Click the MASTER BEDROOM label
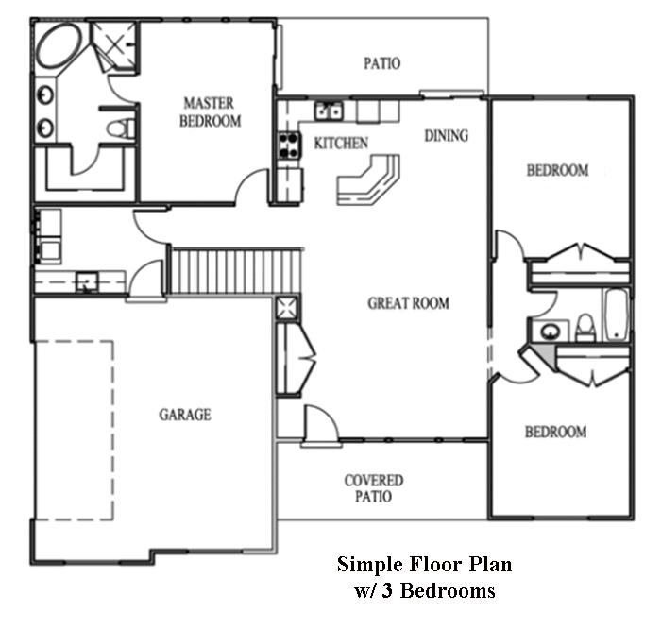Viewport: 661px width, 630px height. [210, 112]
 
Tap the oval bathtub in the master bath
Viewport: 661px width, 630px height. [59, 45]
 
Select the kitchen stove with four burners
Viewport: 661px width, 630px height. [289, 145]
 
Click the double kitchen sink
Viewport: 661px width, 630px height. [329, 111]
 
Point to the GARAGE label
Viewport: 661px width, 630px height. [185, 415]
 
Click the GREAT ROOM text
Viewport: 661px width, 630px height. [408, 303]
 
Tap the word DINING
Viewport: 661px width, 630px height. [446, 135]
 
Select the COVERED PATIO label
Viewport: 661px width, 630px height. [374, 488]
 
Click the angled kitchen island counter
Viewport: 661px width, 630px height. [368, 180]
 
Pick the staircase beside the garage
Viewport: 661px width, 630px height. [236, 270]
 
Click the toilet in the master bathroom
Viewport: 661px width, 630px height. [121, 128]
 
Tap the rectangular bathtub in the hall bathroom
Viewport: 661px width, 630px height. [617, 315]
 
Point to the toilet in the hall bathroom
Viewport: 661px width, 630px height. [585, 328]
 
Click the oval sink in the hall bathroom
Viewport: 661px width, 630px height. [550, 331]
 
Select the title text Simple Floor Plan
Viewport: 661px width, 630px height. [425, 564]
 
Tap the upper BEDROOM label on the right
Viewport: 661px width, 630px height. [557, 170]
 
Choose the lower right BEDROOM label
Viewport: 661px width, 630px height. [555, 432]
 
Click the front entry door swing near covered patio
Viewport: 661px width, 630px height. [321, 423]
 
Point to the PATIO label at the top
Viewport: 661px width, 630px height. [381, 63]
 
